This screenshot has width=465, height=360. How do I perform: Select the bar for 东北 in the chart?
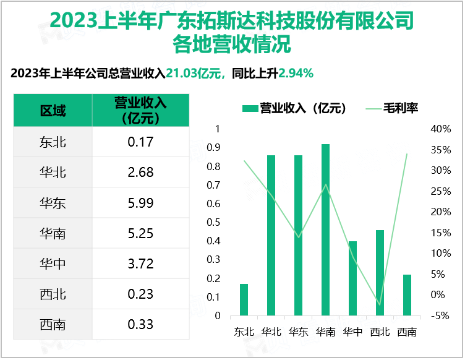(x=244, y=299)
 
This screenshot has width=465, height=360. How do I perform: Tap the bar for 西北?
(x=380, y=273)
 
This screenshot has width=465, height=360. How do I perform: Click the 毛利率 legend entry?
(x=393, y=108)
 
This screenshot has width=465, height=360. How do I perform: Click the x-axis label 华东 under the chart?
(x=299, y=332)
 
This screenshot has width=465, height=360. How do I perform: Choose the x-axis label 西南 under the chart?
(x=407, y=332)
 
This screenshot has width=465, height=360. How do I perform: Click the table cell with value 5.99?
(x=140, y=203)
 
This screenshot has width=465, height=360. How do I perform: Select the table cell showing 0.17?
(x=140, y=142)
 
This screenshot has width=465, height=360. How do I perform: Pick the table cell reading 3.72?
(x=140, y=264)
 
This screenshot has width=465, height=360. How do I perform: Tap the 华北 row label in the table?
(x=53, y=173)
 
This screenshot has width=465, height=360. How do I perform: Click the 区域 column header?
(x=53, y=110)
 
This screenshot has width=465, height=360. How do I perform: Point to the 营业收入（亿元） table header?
(x=140, y=110)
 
